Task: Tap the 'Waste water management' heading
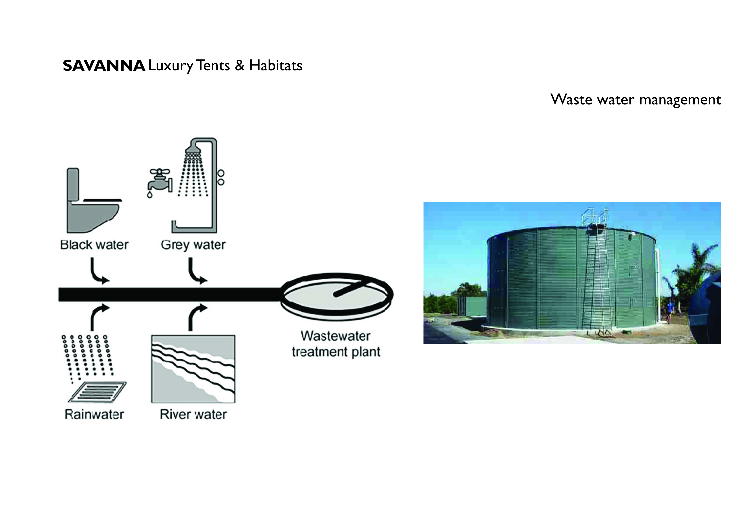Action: [636, 100]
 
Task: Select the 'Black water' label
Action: [94, 245]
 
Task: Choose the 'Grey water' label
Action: [193, 245]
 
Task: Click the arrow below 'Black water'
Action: [98, 272]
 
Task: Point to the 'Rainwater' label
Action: [94, 415]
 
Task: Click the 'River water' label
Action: [193, 415]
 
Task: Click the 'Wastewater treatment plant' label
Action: [336, 344]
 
